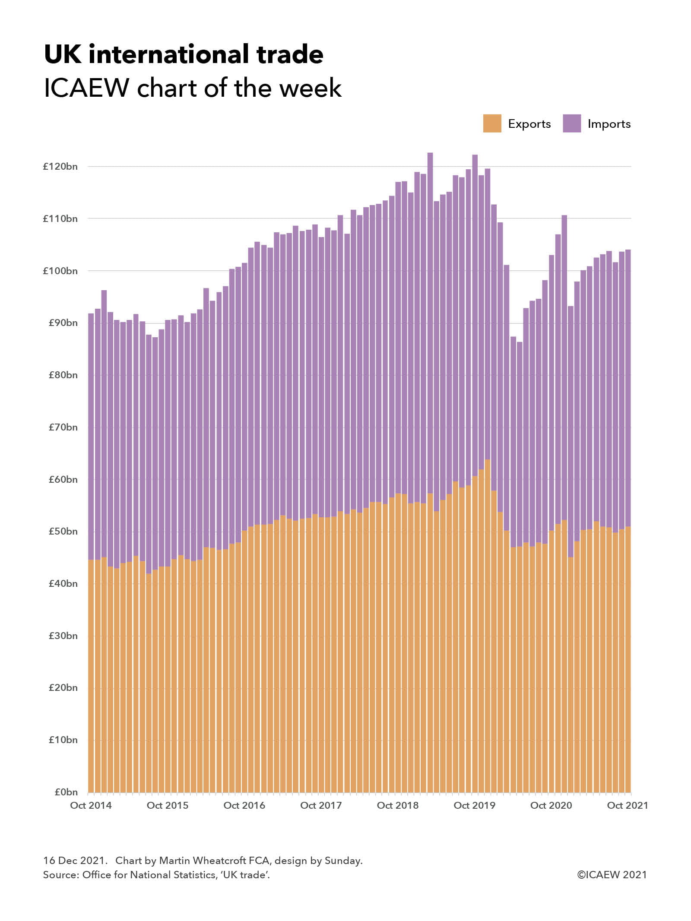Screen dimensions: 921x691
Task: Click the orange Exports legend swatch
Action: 492,123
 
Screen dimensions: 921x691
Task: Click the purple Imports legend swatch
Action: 571,123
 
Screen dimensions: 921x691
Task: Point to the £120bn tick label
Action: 60,167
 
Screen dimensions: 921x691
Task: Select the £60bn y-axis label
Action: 63,479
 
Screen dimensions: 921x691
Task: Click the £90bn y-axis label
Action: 63,323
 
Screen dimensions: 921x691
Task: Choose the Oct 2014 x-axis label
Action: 91,805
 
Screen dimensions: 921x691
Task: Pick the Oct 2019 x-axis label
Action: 474,805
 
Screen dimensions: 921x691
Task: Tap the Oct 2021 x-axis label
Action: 627,805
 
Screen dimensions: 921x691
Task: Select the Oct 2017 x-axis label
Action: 321,805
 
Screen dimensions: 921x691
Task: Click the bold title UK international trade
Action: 184,54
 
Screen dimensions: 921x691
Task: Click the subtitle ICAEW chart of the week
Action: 193,88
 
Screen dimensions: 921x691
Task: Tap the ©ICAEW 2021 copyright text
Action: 612,875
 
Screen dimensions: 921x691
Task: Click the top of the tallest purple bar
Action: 430,153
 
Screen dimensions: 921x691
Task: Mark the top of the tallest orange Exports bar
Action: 487,460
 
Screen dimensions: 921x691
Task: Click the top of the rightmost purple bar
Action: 628,250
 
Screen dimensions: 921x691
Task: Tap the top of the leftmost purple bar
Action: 91,314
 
